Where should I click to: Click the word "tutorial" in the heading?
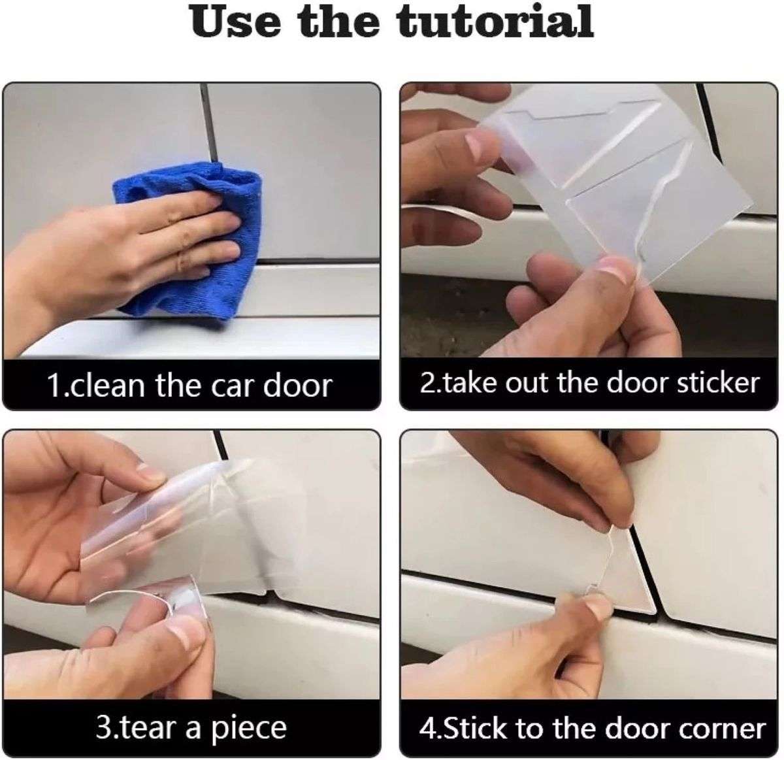495,22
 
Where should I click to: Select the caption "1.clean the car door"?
189,386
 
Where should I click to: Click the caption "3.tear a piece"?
191,728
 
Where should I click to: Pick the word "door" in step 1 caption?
298,386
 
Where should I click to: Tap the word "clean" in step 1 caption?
106,386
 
